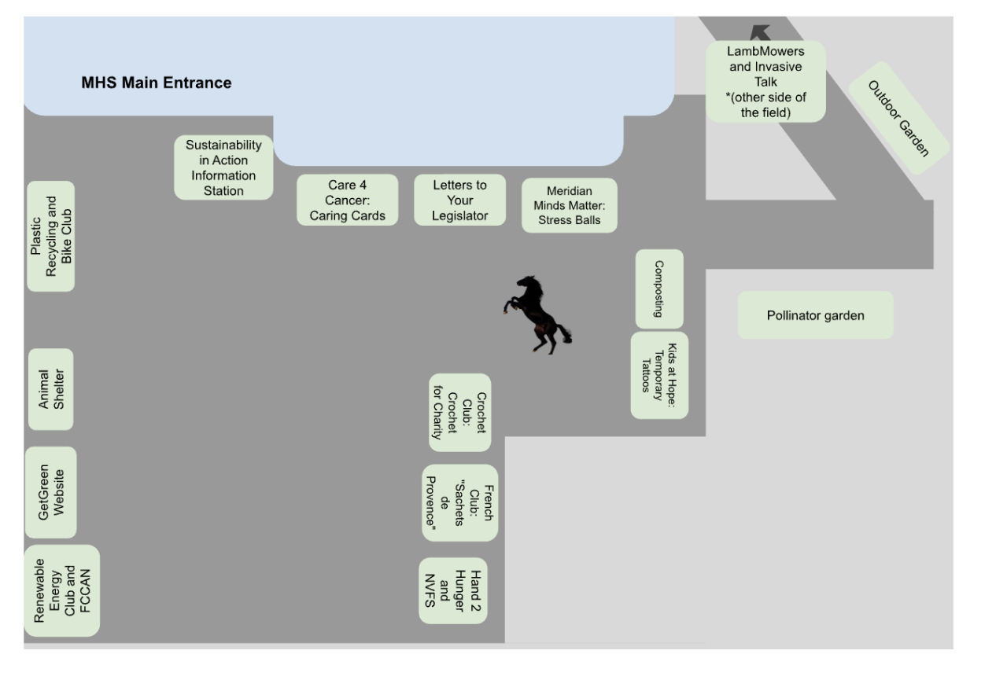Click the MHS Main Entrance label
(x=157, y=83)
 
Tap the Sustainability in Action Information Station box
(x=223, y=167)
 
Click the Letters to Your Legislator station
(x=460, y=200)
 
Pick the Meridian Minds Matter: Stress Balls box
(x=569, y=205)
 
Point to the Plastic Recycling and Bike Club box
(x=51, y=237)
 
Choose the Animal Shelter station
(x=50, y=389)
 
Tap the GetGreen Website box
(x=50, y=492)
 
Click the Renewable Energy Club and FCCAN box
(x=62, y=590)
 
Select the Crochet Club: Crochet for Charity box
(x=459, y=413)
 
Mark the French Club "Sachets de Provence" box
(x=459, y=502)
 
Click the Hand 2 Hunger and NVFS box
(x=453, y=590)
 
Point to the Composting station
(x=659, y=289)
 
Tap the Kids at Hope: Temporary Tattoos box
(x=659, y=375)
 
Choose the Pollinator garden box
(x=815, y=315)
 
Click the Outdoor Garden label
(x=898, y=118)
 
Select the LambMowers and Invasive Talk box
(x=765, y=81)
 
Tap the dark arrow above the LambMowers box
(x=760, y=32)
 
